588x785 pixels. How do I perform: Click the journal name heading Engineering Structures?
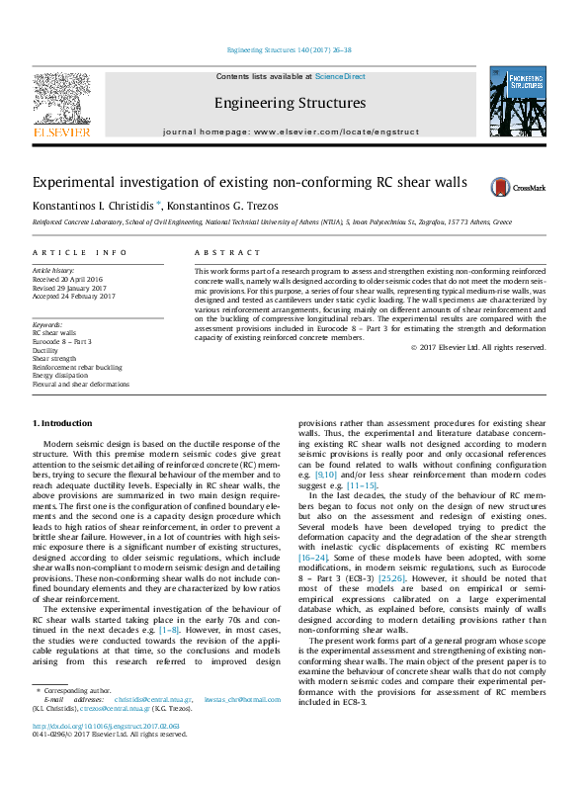290,103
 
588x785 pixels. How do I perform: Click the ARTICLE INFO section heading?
80,253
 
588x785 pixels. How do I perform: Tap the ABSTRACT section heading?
219,253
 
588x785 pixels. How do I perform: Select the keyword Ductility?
46,350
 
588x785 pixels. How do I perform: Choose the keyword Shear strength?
53,359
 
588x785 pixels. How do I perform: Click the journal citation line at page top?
293,49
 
